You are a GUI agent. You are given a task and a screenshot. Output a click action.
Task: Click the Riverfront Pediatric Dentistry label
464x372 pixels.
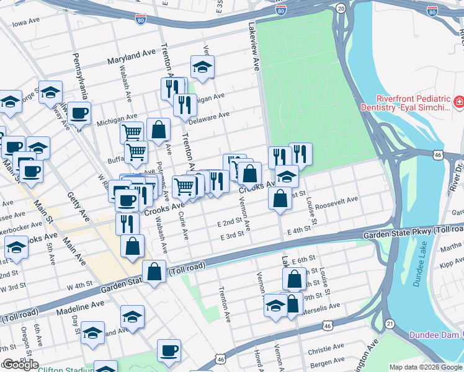click(x=412, y=103)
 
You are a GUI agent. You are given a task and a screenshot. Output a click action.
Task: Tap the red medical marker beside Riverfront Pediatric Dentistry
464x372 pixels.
click(x=460, y=102)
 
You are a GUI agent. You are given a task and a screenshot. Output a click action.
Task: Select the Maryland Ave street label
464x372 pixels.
click(x=131, y=58)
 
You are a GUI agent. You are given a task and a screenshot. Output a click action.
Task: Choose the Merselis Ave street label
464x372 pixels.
click(x=321, y=306)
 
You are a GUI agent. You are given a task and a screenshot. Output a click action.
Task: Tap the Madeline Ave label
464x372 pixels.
click(x=81, y=305)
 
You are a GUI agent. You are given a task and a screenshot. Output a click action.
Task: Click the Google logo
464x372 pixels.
click(x=20, y=365)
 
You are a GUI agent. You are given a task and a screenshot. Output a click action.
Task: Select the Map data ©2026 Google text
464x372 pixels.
click(x=425, y=367)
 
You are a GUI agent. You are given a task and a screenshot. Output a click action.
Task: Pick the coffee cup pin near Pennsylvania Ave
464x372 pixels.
click(x=79, y=113)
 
